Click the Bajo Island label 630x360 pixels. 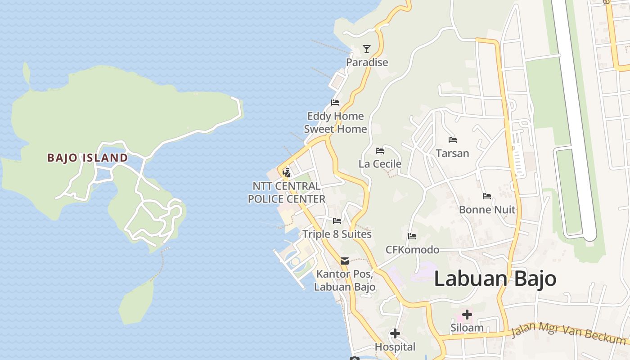point(88,158)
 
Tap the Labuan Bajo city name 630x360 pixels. point(495,279)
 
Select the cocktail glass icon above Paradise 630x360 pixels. point(367,49)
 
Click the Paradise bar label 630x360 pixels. point(367,62)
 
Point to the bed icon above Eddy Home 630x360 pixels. point(335,103)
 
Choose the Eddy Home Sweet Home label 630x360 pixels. point(335,122)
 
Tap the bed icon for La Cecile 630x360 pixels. point(380,150)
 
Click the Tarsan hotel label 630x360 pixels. point(452,153)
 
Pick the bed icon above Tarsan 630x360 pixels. point(453,140)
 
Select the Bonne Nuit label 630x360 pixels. point(487,210)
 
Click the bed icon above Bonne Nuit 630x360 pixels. point(487,196)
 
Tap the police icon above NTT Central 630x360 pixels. point(286,172)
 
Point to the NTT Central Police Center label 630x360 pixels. point(287,193)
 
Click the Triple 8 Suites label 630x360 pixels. point(337,234)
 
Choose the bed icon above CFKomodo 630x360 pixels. point(412,236)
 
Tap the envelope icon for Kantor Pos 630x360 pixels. point(345,261)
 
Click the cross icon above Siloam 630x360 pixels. point(467,314)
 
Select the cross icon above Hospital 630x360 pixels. point(395,333)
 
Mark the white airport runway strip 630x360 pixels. point(574,112)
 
